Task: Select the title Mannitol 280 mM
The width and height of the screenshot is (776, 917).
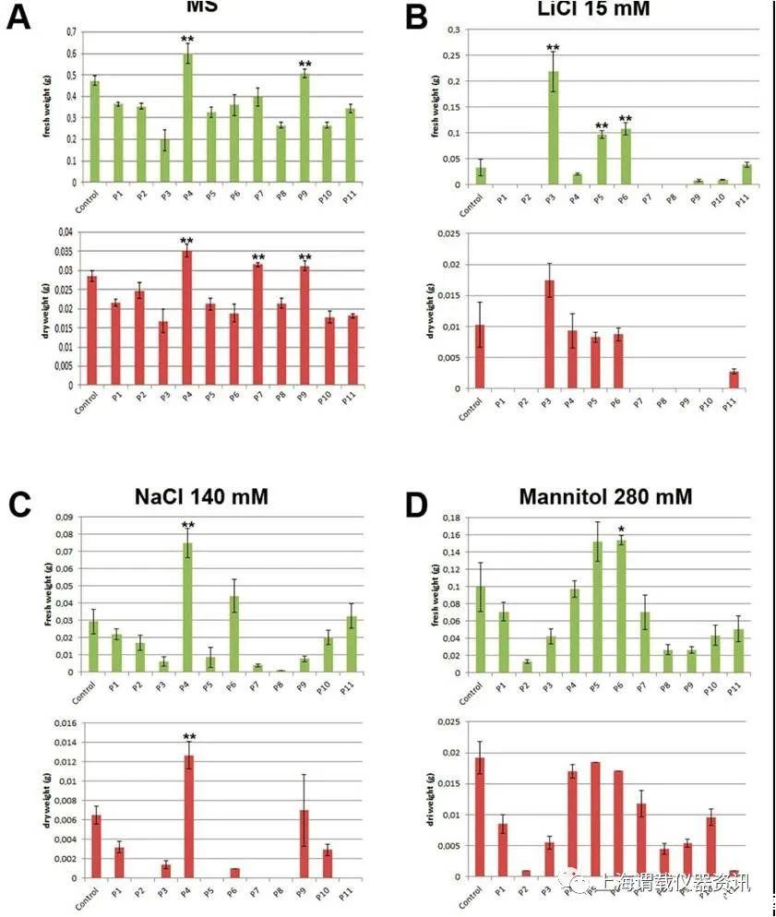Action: [605, 497]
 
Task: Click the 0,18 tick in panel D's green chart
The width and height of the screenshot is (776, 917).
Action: [453, 518]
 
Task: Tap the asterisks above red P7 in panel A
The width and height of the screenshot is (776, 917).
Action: [258, 257]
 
